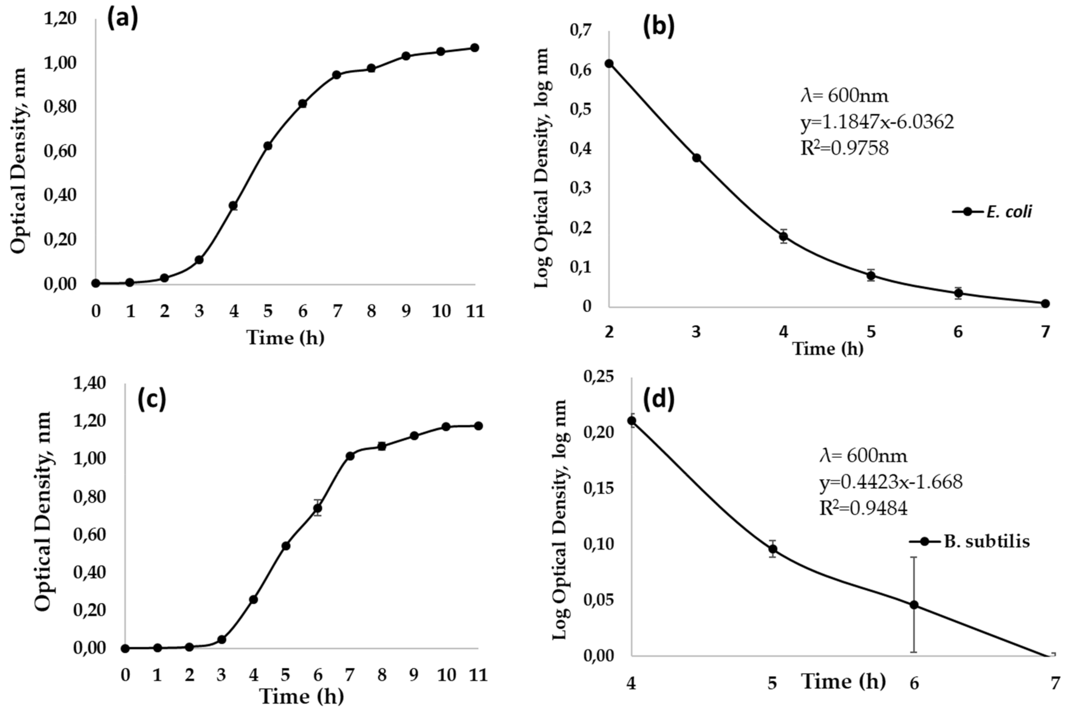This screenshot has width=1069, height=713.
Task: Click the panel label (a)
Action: point(122,19)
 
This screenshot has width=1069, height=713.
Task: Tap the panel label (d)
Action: point(658,399)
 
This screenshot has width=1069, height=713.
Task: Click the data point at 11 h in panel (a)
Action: point(474,48)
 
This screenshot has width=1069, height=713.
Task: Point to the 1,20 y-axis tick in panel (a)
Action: point(60,19)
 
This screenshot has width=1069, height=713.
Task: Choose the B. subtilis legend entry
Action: point(969,541)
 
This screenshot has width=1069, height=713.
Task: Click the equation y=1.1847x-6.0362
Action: point(877,122)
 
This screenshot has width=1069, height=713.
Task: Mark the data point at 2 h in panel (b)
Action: point(609,64)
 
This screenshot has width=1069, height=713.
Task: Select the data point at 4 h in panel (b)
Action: point(783,236)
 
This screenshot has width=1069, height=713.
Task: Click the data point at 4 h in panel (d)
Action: point(632,421)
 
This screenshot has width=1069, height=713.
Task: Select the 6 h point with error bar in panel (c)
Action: point(318,508)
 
